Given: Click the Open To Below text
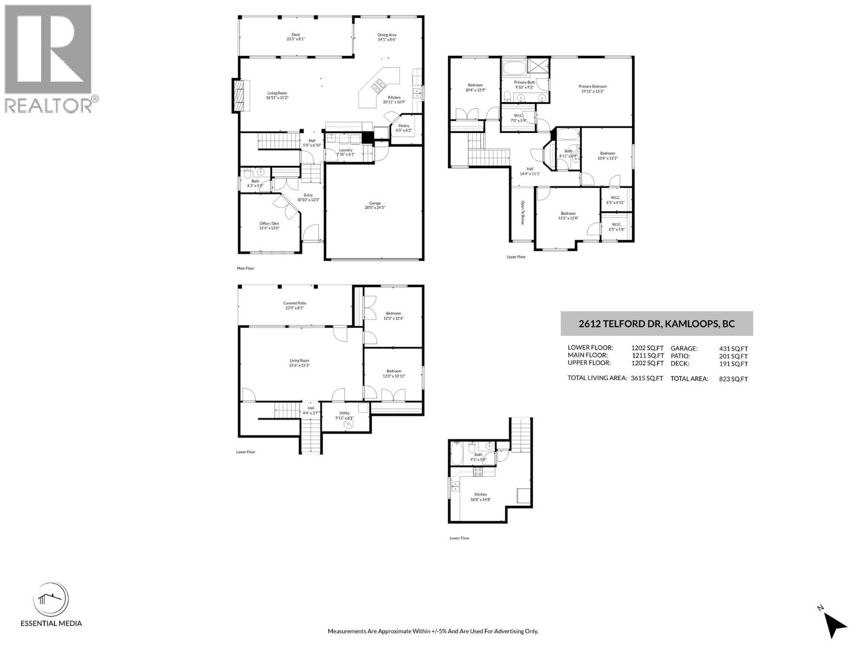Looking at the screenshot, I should coord(523,213).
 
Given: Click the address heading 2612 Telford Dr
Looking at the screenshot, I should coord(657,324).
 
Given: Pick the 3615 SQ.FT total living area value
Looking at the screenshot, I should coord(647,379).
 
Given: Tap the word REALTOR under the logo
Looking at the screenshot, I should coord(49,105).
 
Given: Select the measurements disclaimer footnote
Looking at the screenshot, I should coord(432,631).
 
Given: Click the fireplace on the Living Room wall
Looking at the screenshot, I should coord(238,96).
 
